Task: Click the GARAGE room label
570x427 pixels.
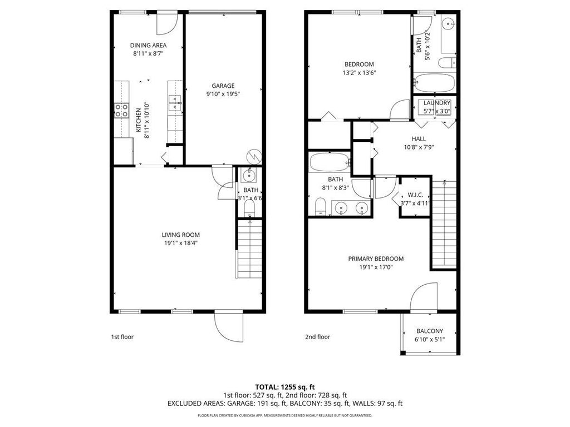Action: point(223,86)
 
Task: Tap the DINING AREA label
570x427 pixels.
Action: point(148,46)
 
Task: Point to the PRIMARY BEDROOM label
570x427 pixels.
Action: point(376,259)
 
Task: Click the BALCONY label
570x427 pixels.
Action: point(430,331)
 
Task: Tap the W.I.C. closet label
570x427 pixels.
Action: point(415,195)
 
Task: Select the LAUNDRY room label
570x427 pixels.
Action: point(436,103)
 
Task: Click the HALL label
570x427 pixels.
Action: point(419,139)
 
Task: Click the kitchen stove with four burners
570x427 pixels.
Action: point(121,111)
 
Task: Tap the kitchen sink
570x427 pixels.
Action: point(175,101)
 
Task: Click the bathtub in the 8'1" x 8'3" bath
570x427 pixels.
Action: point(329,163)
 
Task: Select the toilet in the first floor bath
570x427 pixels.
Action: point(249,208)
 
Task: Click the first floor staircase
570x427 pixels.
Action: point(248,250)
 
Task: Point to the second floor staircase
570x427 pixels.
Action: point(444,225)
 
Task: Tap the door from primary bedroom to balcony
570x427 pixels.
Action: point(424,297)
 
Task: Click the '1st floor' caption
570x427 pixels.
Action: point(122,337)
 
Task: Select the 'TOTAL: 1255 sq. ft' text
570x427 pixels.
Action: point(284,386)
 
